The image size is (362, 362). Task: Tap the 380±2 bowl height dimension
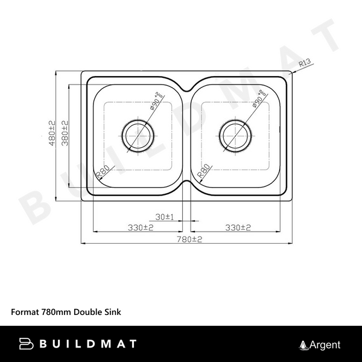65,132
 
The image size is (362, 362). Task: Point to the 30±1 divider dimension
164,217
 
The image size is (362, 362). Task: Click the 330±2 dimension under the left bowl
141,227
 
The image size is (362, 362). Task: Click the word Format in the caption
25,313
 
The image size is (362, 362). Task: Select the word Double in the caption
87,313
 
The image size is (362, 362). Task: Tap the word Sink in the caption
113,313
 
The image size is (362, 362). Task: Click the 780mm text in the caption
57,313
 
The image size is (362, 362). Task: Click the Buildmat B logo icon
26,344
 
